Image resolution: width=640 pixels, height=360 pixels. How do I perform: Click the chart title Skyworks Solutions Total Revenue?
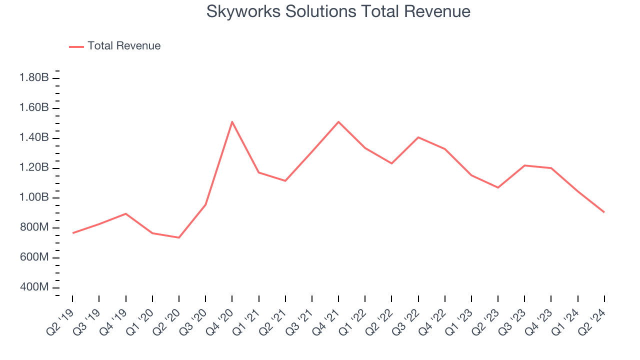(338, 11)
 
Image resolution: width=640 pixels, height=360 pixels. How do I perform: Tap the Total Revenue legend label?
(124, 46)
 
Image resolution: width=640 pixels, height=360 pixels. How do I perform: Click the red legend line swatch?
(76, 46)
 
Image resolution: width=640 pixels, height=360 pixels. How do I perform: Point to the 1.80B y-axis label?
(34, 78)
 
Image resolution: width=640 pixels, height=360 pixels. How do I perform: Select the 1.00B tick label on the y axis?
(34, 197)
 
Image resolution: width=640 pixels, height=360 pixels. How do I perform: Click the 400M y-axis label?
(34, 287)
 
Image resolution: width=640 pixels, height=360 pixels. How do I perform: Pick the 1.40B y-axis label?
(34, 137)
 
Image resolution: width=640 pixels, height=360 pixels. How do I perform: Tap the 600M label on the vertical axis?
(34, 257)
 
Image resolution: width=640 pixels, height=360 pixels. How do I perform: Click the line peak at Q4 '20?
(232, 121)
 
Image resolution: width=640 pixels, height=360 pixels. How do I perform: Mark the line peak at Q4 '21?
(338, 121)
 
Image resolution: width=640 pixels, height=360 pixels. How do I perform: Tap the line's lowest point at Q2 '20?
(179, 237)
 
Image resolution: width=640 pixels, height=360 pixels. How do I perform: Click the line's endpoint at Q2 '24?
(604, 212)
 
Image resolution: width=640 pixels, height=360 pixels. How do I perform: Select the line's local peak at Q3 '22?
(418, 137)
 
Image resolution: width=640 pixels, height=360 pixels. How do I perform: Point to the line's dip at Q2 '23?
(498, 187)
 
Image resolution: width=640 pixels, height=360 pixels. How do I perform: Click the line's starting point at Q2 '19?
(73, 233)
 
